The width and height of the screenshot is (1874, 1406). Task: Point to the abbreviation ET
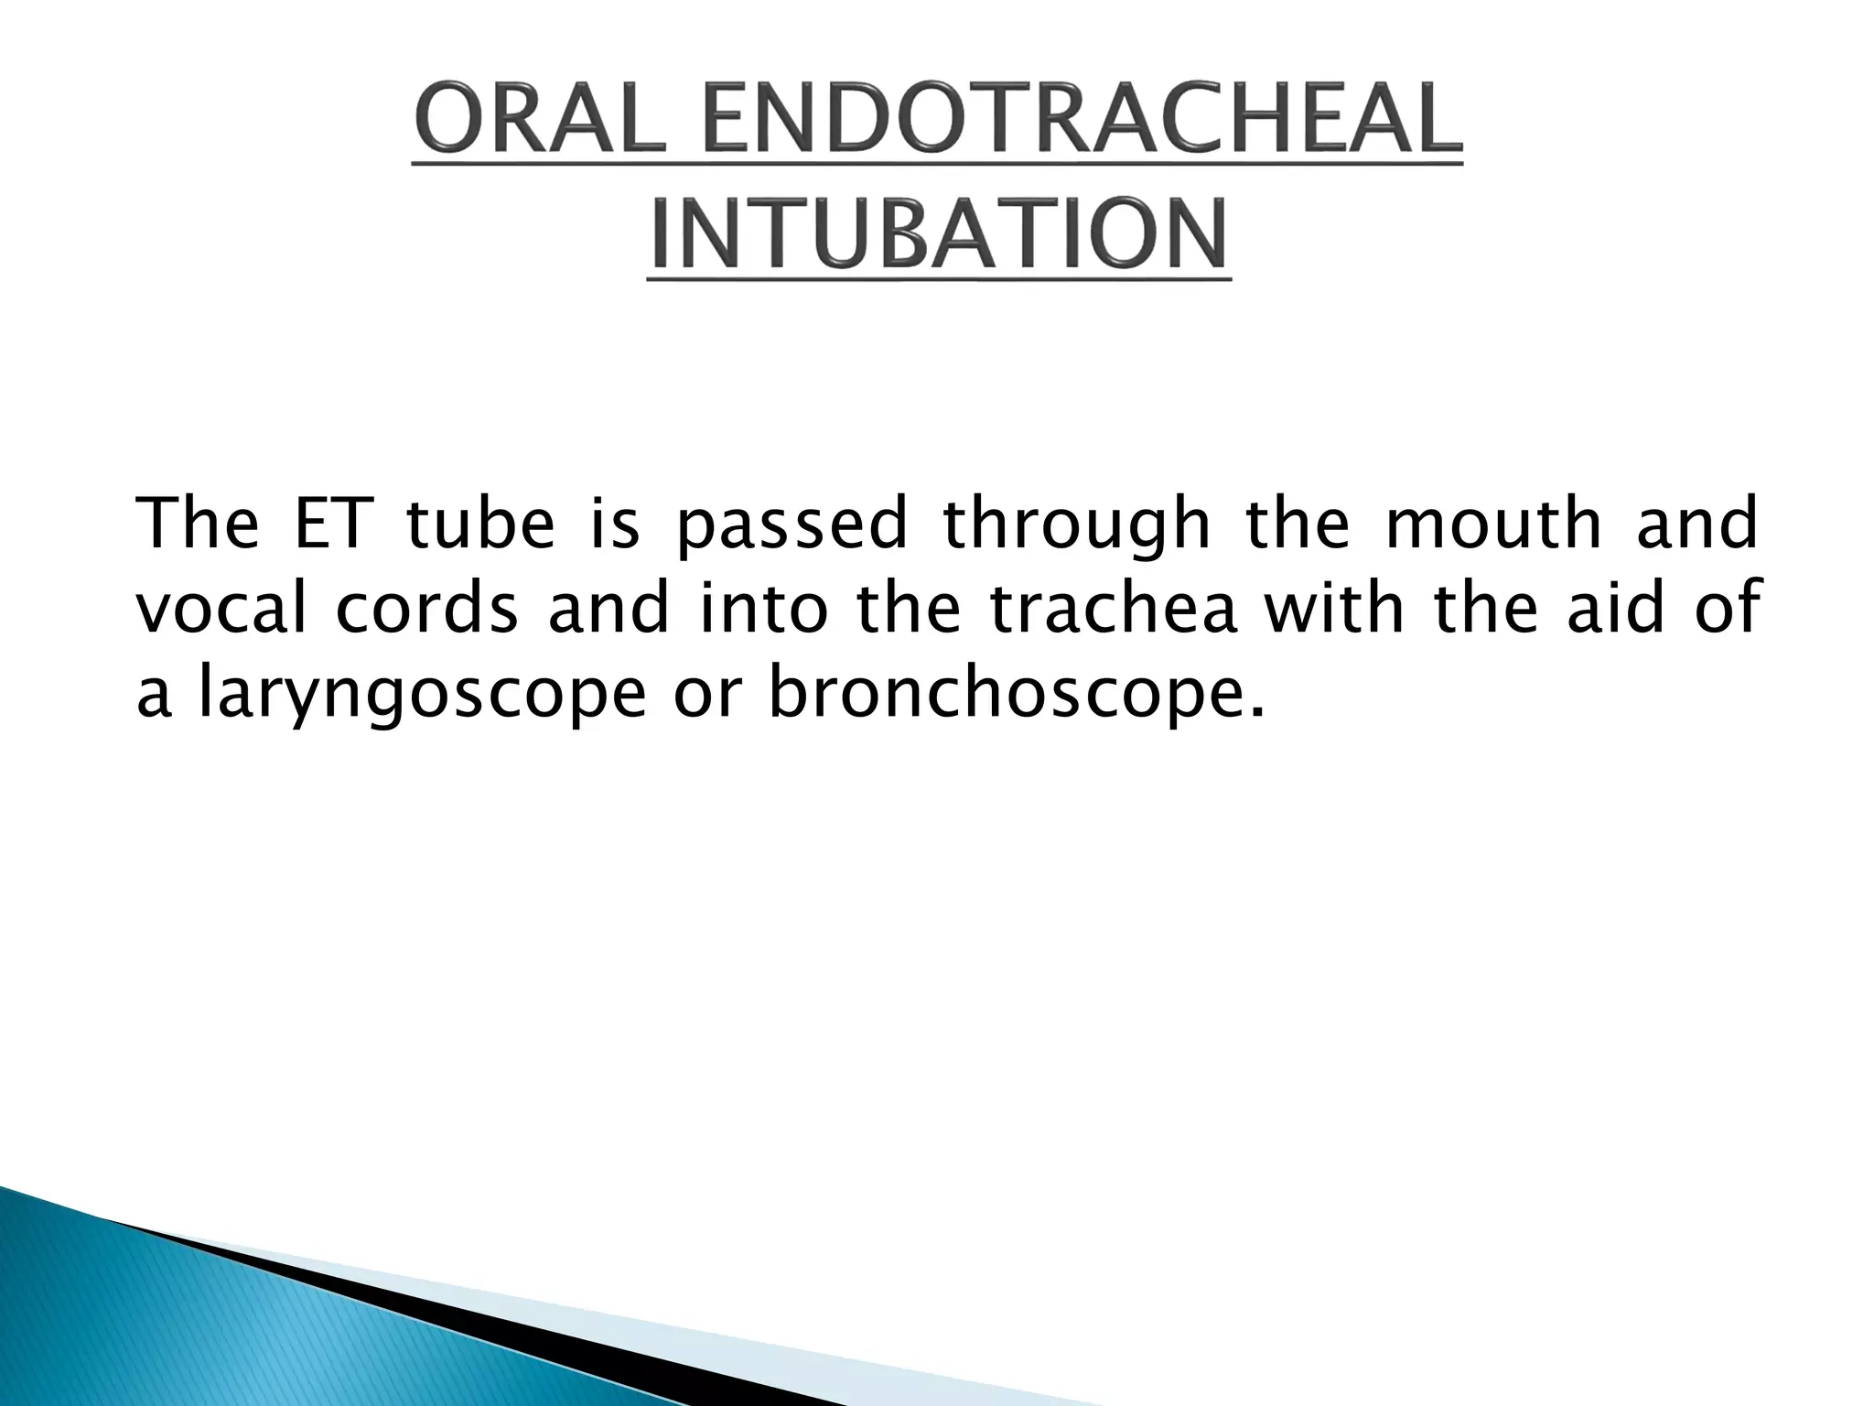tap(328, 525)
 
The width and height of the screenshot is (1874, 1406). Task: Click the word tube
tap(479, 525)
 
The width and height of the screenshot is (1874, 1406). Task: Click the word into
tap(763, 609)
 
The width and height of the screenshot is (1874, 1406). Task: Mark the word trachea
tap(1114, 609)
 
